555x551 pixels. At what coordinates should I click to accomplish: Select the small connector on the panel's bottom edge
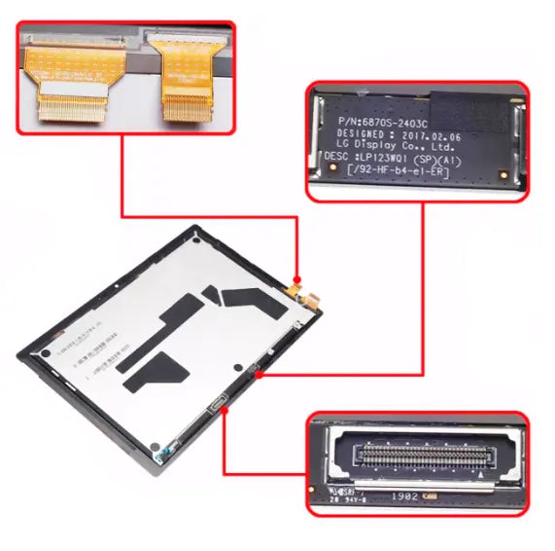click(x=216, y=406)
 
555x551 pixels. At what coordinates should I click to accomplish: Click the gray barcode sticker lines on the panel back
click(x=92, y=350)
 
